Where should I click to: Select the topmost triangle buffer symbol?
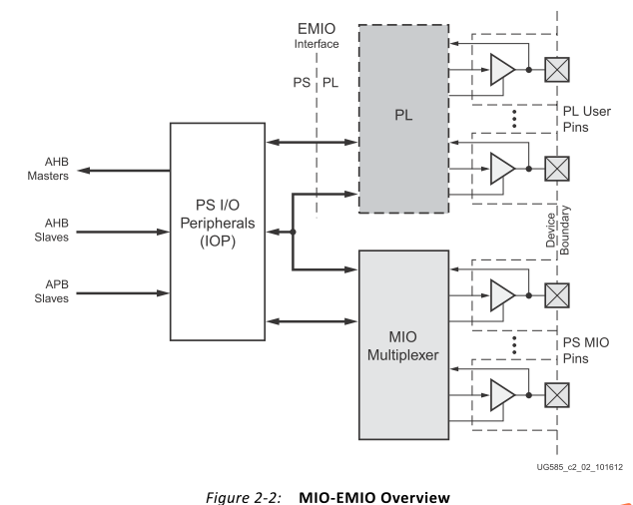pyautogui.click(x=502, y=68)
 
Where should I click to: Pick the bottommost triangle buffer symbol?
pyautogui.click(x=502, y=397)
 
